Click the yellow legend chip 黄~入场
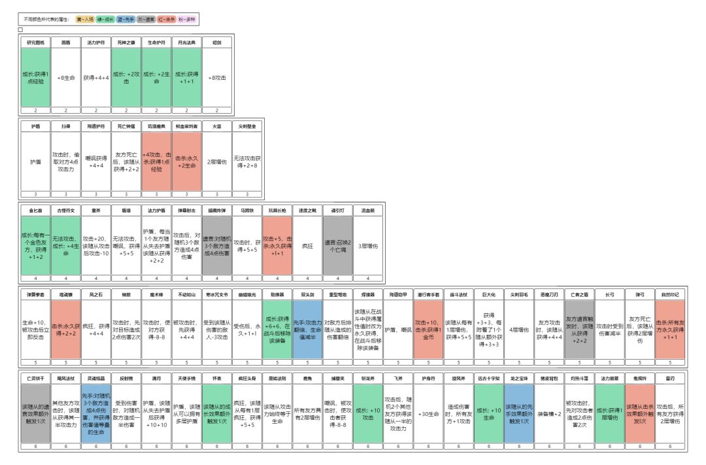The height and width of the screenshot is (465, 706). click(x=85, y=20)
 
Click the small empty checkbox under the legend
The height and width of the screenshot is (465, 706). click(x=21, y=29)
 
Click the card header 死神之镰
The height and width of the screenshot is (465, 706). click(x=126, y=41)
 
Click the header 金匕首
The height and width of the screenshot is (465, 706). click(x=35, y=211)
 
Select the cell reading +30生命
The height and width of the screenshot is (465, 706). click(x=428, y=413)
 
